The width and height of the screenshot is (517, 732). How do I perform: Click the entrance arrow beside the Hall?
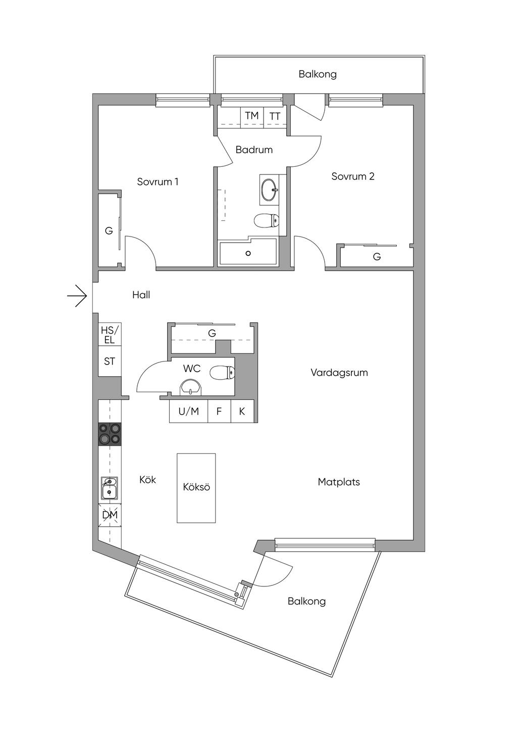click(x=77, y=296)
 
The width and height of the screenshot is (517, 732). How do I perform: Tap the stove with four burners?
click(x=110, y=434)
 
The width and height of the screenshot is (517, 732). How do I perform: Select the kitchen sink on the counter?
click(x=109, y=487)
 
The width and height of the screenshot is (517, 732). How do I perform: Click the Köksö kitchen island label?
click(x=196, y=487)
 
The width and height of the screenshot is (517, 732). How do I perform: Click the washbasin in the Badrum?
click(x=269, y=190)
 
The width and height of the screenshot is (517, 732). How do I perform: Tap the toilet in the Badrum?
click(x=266, y=221)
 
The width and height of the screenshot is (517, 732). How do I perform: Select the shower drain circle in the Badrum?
click(x=248, y=253)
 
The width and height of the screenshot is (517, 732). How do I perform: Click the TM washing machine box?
click(x=252, y=116)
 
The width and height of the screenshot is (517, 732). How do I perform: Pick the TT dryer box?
click(x=275, y=116)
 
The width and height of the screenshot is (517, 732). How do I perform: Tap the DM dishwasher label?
click(x=110, y=515)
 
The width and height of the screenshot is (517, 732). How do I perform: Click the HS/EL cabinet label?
click(x=110, y=335)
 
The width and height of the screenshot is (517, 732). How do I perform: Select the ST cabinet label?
click(x=110, y=361)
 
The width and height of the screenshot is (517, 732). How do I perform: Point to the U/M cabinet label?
click(x=188, y=411)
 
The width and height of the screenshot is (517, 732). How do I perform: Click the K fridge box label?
click(x=242, y=411)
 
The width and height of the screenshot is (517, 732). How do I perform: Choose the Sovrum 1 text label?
click(x=158, y=181)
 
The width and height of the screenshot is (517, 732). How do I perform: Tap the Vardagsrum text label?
click(x=339, y=373)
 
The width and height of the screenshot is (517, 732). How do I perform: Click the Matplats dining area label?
click(x=339, y=482)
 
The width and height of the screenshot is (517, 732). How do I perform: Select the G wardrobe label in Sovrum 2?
click(x=377, y=257)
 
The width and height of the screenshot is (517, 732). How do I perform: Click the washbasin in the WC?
click(x=190, y=388)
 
